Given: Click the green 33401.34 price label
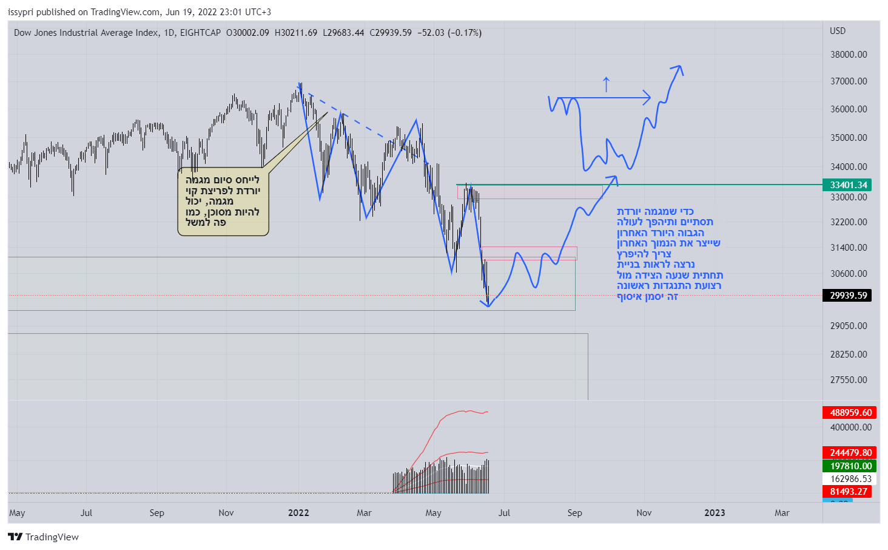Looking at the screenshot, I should coord(847,185).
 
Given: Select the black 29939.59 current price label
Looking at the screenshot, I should coord(847,296).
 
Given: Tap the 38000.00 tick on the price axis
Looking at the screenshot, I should coord(849,55).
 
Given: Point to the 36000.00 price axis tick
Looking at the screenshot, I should coord(849,109).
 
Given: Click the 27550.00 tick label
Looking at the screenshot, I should coord(849,380).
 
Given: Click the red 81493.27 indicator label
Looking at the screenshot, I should coord(847,492).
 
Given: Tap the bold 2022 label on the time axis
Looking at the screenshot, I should coord(298,513).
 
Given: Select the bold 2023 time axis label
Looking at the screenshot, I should coord(715,513).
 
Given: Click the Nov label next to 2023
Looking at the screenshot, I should coord(644,513).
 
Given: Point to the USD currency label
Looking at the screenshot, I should coord(838,31).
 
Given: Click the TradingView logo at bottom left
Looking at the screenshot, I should coord(43,537).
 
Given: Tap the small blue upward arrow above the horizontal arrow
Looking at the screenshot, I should coord(606,84).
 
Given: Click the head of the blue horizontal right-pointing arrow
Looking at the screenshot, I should coord(647,97).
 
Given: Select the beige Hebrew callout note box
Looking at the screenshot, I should coord(223,202).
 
